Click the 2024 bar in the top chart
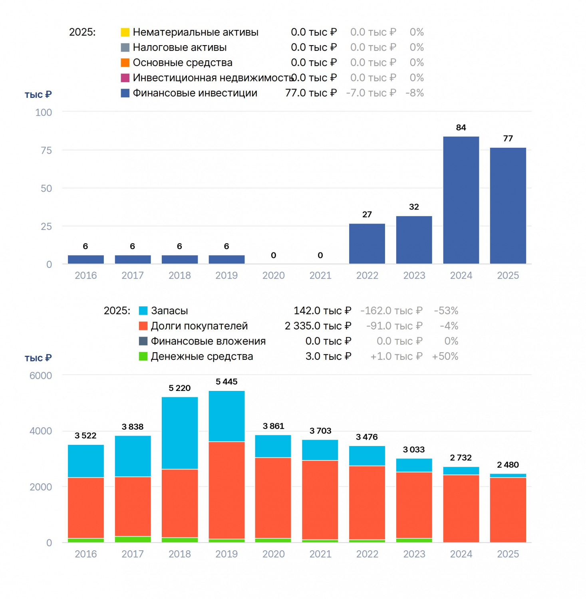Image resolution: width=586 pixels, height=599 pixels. pyautogui.click(x=461, y=200)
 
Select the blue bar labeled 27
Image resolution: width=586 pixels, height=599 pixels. pyautogui.click(x=367, y=244)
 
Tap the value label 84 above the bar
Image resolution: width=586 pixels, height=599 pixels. pyautogui.click(x=461, y=127)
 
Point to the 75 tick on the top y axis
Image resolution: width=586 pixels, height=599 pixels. pyautogui.click(x=46, y=151)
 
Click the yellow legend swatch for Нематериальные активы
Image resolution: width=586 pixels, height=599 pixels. pyautogui.click(x=125, y=32)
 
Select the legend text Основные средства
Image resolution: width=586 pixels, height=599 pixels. pyautogui.click(x=183, y=63)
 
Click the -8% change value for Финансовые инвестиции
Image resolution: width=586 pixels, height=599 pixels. pyautogui.click(x=415, y=93)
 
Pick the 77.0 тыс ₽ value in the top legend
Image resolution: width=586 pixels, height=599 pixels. pyautogui.click(x=311, y=93)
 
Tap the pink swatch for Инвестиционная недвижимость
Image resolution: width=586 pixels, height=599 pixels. pyautogui.click(x=125, y=78)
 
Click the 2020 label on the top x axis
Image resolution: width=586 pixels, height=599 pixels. pyautogui.click(x=274, y=276)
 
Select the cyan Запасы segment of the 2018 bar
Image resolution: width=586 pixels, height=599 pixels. pyautogui.click(x=180, y=433)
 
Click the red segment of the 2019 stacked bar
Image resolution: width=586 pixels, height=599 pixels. pyautogui.click(x=227, y=490)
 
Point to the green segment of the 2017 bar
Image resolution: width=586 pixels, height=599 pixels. pyautogui.click(x=133, y=539)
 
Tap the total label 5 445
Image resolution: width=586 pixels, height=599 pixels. pyautogui.click(x=226, y=382)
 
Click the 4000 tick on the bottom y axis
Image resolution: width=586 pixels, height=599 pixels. pyautogui.click(x=41, y=431)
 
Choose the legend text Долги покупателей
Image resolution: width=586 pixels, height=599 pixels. pyautogui.click(x=199, y=326)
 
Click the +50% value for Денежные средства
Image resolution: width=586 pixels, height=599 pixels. pyautogui.click(x=445, y=357)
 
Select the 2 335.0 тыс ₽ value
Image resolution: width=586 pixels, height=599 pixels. pyautogui.click(x=318, y=326)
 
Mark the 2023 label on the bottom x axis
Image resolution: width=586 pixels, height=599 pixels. pyautogui.click(x=414, y=554)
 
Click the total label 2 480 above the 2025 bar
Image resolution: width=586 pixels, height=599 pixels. pyautogui.click(x=508, y=465)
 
